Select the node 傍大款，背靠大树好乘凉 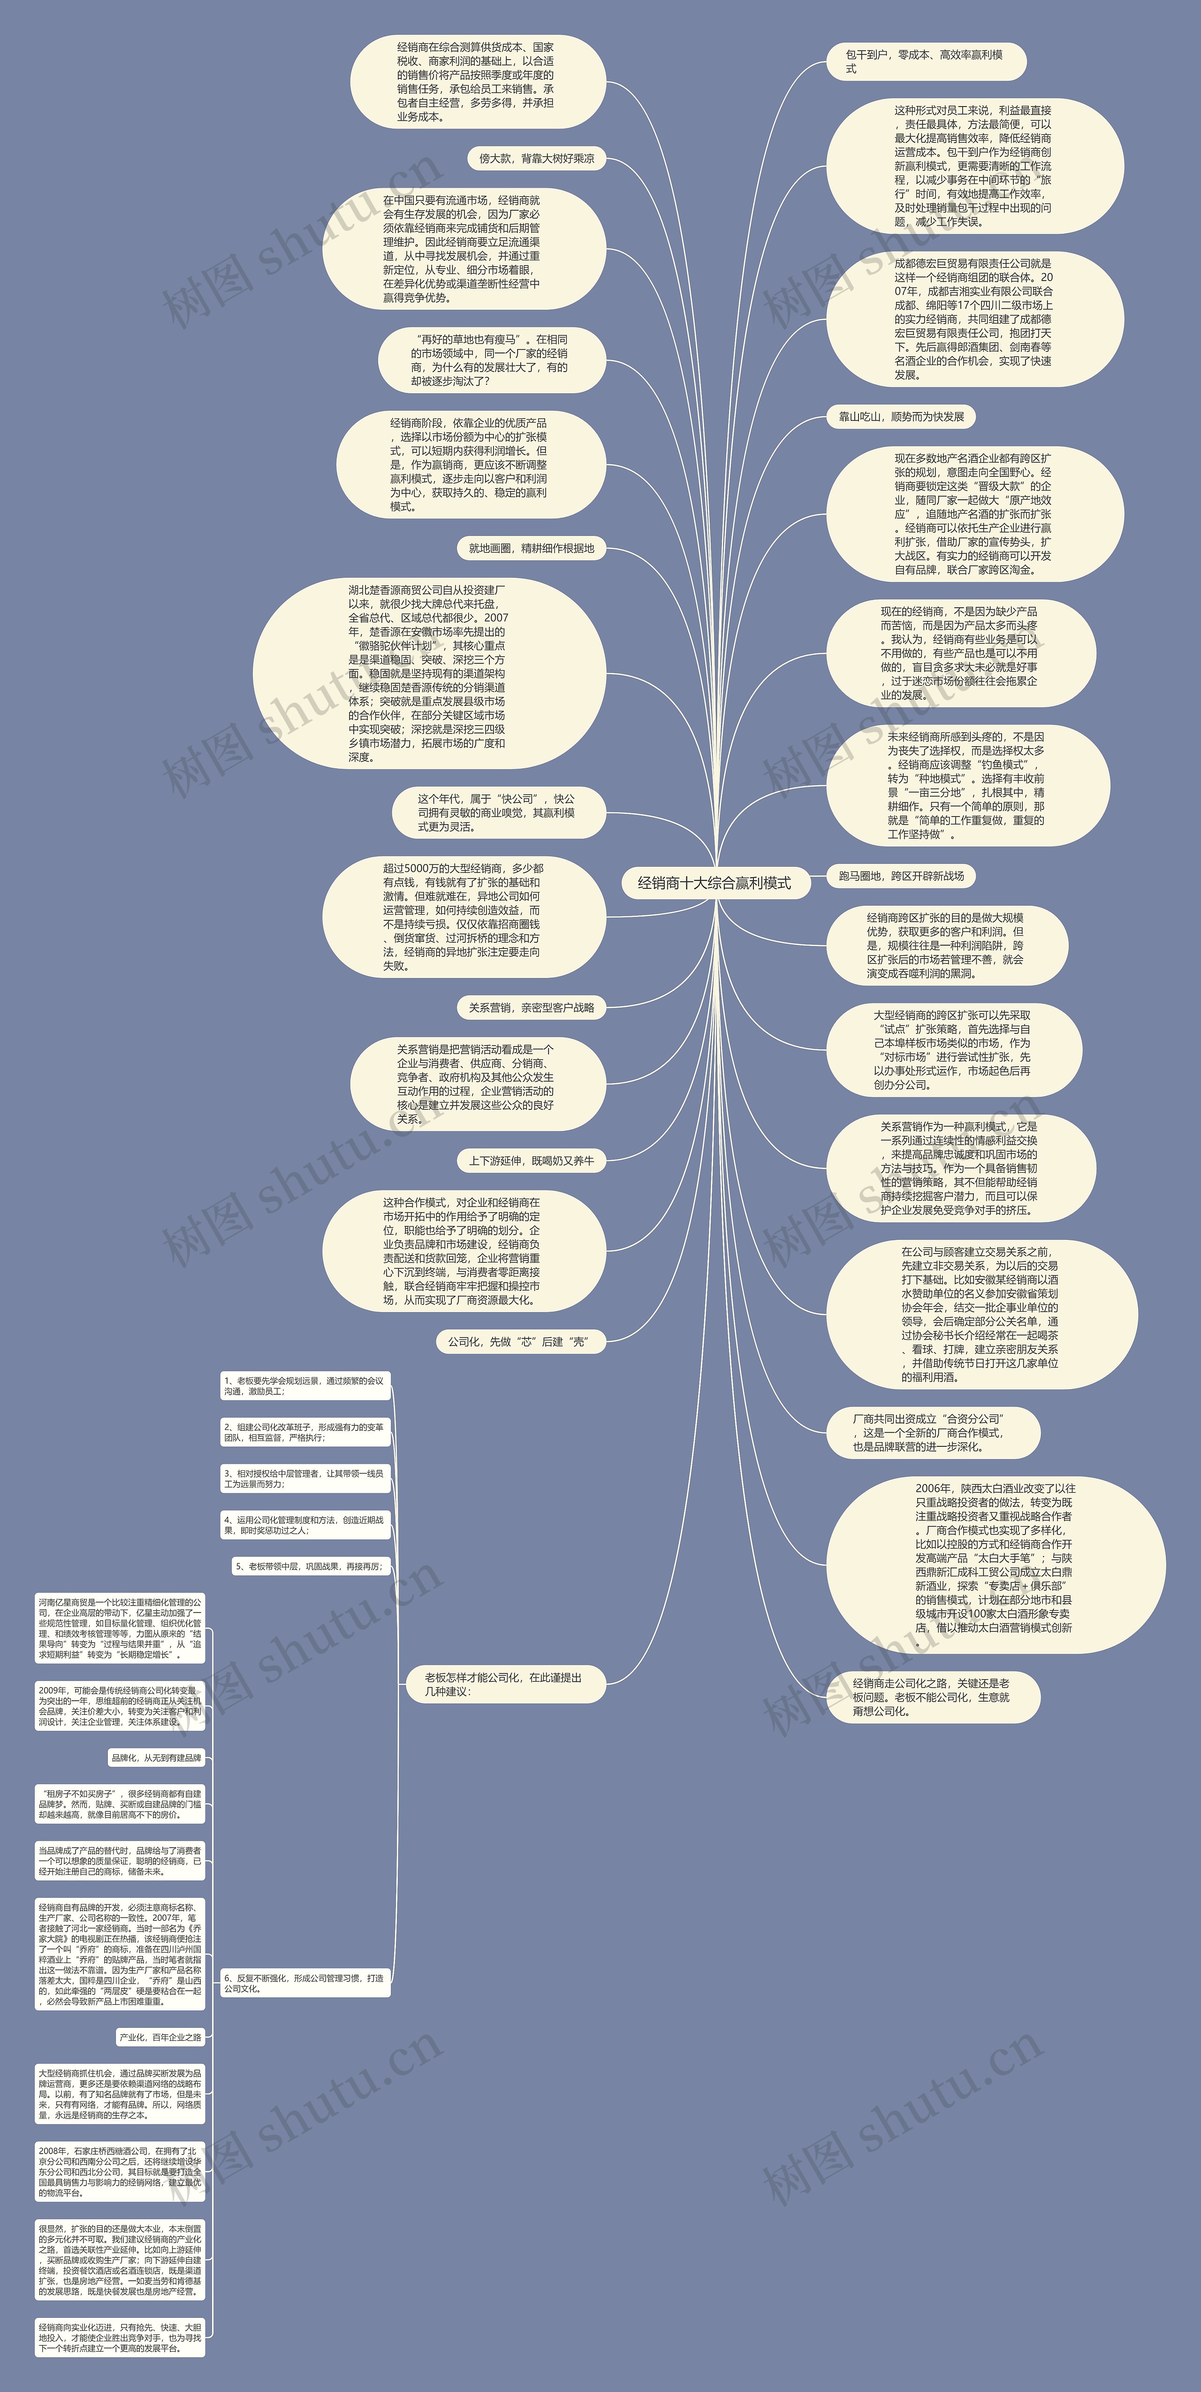pyautogui.click(x=536, y=159)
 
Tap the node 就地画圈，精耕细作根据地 pyautogui.click(x=531, y=549)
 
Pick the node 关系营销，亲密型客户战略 pyautogui.click(x=531, y=1008)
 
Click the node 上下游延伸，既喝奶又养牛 pyautogui.click(x=531, y=1161)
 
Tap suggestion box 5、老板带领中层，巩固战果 pyautogui.click(x=309, y=1567)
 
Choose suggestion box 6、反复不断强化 pyautogui.click(x=304, y=1983)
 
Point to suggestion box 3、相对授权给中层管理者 pyautogui.click(x=304, y=1478)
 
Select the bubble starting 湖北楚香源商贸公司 pyautogui.click(x=429, y=673)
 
